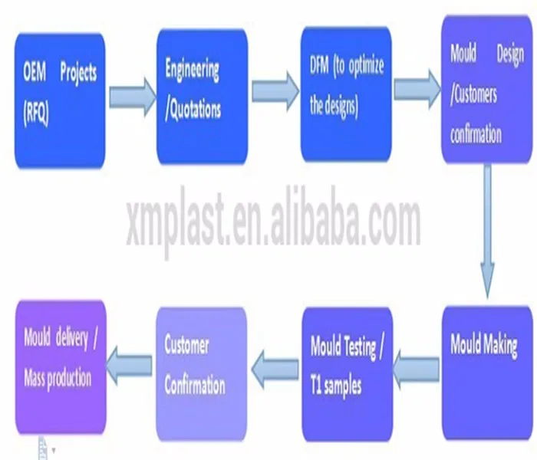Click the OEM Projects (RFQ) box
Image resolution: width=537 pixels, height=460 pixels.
(60, 100)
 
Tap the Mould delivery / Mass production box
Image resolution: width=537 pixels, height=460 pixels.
(60, 366)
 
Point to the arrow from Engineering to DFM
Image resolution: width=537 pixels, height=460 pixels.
(274, 90)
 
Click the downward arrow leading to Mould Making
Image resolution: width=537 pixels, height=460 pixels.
(486, 230)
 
